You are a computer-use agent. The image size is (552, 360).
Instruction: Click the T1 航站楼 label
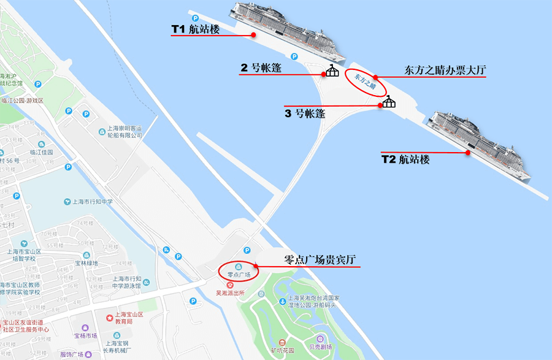pos(195,28)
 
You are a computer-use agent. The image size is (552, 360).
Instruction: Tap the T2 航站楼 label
pos(405,159)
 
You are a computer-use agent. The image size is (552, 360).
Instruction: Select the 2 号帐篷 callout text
pos(261,68)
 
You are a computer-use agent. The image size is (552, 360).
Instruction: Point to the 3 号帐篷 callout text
pos(305,113)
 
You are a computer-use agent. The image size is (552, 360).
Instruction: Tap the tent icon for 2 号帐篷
pos(332,71)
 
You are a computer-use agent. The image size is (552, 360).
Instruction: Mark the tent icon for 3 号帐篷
pos(388,101)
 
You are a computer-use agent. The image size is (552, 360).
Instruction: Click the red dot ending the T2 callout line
pos(468,153)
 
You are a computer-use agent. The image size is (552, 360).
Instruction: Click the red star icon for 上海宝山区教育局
pos(109,317)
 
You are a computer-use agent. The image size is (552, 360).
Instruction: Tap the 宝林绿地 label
pos(86,263)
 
